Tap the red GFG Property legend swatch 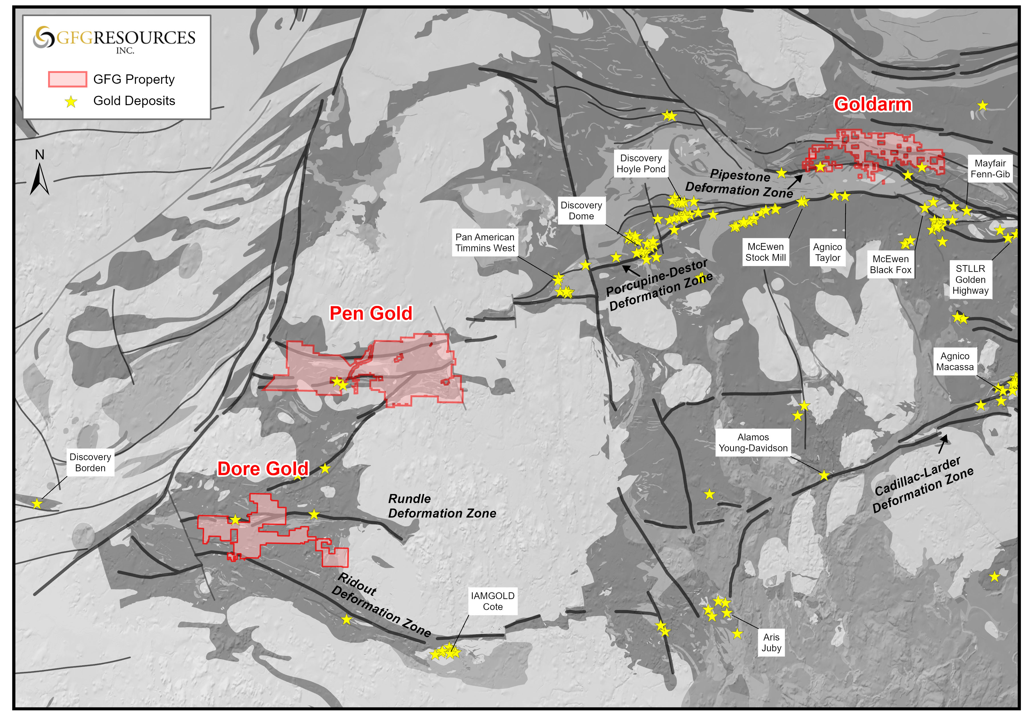(68, 79)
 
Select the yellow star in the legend (71, 102)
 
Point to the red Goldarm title (872, 104)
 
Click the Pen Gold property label (371, 313)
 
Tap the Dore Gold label (263, 469)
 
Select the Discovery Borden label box (90, 462)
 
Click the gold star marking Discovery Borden (37, 503)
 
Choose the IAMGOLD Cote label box (493, 601)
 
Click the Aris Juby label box (771, 642)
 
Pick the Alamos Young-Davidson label (753, 442)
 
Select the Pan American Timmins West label (485, 242)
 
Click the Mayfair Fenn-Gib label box (990, 169)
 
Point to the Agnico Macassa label (955, 362)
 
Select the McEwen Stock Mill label (766, 252)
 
